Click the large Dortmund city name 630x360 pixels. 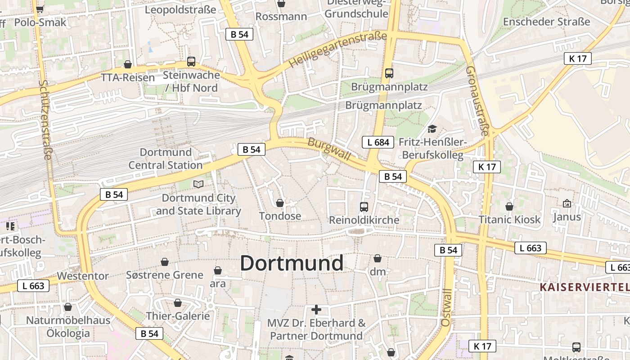(x=292, y=263)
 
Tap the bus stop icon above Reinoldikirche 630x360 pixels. (x=364, y=207)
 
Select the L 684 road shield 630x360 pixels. (x=378, y=143)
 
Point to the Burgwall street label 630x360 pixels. (x=328, y=148)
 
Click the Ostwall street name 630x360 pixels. (x=446, y=308)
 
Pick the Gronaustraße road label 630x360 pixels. (x=477, y=101)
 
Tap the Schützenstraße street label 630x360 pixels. (x=46, y=120)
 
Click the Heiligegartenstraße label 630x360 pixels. (x=337, y=49)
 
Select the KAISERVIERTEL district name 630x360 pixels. (x=584, y=287)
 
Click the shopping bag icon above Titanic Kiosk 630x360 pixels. (x=509, y=207)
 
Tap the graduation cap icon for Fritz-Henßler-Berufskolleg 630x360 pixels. (x=432, y=129)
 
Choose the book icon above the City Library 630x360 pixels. (x=198, y=184)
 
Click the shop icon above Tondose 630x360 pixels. (x=280, y=203)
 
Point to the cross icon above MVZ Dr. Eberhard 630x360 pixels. (x=316, y=310)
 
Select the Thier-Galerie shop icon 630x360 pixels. (x=178, y=303)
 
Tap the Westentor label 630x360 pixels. (x=83, y=276)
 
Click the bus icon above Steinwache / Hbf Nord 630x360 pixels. (x=191, y=62)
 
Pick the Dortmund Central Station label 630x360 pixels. (x=166, y=159)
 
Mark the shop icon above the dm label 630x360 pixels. (x=378, y=258)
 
